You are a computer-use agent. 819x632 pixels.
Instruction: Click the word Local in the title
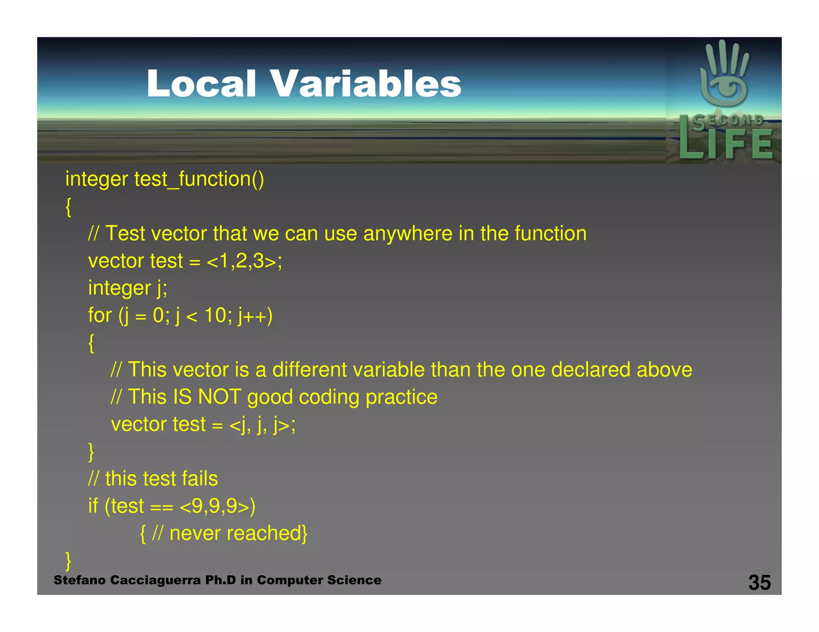tap(201, 83)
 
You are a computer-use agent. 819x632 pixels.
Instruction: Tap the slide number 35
tap(759, 582)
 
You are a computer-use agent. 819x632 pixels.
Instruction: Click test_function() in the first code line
tap(199, 179)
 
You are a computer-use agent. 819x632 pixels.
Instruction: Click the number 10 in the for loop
tap(215, 316)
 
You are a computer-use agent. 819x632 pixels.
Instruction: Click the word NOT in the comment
tap(219, 397)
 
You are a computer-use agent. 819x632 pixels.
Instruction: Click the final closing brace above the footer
tap(68, 560)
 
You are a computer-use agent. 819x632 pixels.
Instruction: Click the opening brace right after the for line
tap(91, 343)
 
